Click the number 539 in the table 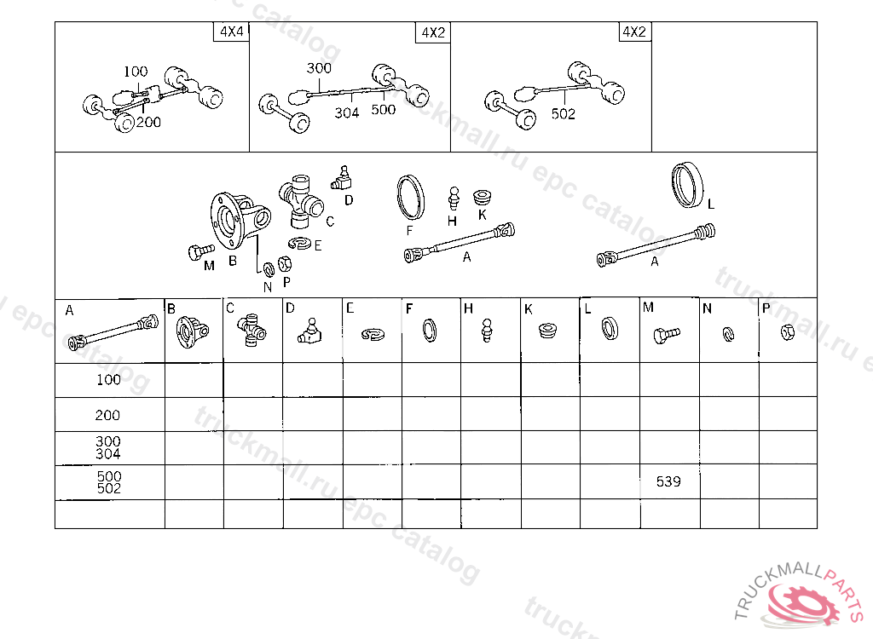[x=668, y=481]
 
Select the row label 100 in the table [x=108, y=380]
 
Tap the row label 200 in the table [x=107, y=415]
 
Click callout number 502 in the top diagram [x=563, y=114]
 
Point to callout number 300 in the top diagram [x=319, y=68]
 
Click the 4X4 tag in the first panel [x=232, y=32]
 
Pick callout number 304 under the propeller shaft [x=346, y=113]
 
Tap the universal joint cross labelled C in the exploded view [x=301, y=201]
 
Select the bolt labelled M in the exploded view [x=201, y=251]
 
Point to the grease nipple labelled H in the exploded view [x=454, y=199]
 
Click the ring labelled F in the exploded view [x=411, y=197]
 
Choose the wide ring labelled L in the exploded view [x=687, y=186]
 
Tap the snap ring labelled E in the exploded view [x=300, y=243]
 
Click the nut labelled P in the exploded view [x=285, y=263]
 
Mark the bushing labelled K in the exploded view [x=483, y=198]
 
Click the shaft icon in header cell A [x=113, y=332]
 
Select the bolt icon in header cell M [x=666, y=335]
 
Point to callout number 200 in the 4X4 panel [x=148, y=123]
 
